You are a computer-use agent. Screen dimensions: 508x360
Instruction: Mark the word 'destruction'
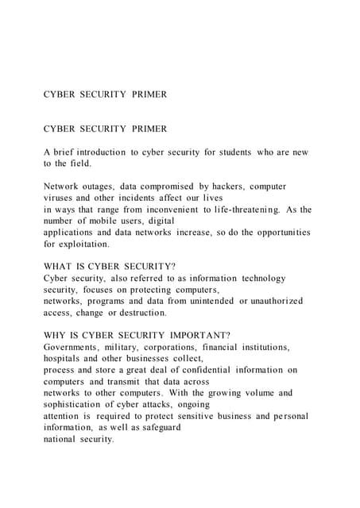click(x=140, y=314)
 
